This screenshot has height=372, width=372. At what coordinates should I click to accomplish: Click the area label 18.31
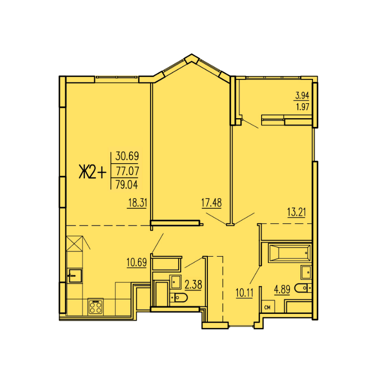coord(138,203)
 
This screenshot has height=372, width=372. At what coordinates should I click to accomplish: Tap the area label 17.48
coord(211,203)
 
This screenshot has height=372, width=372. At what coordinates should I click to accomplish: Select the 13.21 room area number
coord(296,212)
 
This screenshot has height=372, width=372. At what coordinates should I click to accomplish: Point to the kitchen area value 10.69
coord(137,263)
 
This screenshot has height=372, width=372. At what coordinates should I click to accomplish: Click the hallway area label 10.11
coord(244,293)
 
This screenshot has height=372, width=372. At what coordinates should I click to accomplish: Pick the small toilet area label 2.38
coord(193,285)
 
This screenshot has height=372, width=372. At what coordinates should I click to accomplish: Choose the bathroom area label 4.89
coord(282,290)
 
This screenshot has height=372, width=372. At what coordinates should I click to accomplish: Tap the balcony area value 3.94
coord(302,96)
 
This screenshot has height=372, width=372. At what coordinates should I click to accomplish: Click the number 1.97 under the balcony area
coord(302,107)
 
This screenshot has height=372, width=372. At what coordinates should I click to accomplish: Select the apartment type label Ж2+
coord(93,172)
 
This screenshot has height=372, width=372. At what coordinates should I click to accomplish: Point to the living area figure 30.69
coord(127,156)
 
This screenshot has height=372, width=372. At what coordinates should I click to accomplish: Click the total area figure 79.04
coord(127,185)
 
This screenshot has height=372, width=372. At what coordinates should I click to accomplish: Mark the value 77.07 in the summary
coord(127,171)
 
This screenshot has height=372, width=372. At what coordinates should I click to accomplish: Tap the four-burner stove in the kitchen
coord(95,307)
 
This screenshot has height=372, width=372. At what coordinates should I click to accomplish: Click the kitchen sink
coord(75,276)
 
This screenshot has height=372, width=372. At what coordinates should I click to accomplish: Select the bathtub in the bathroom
coord(290,253)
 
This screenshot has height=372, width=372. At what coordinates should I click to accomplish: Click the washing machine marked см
coord(268,307)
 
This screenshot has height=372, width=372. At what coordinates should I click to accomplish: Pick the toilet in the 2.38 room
coord(179,297)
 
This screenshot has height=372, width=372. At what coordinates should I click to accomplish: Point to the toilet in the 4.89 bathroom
coord(303,288)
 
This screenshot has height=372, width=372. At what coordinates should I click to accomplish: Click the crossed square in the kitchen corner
coord(75,244)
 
